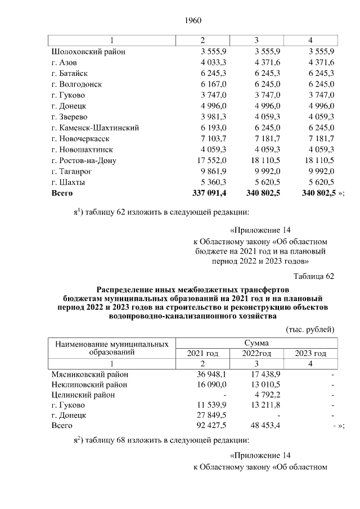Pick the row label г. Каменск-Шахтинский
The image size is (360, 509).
click(x=95, y=128)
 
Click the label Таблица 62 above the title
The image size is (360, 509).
click(x=314, y=276)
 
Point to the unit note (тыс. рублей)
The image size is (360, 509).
click(x=310, y=328)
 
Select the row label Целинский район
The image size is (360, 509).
click(x=83, y=395)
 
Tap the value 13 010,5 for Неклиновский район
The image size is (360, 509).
click(x=259, y=385)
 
